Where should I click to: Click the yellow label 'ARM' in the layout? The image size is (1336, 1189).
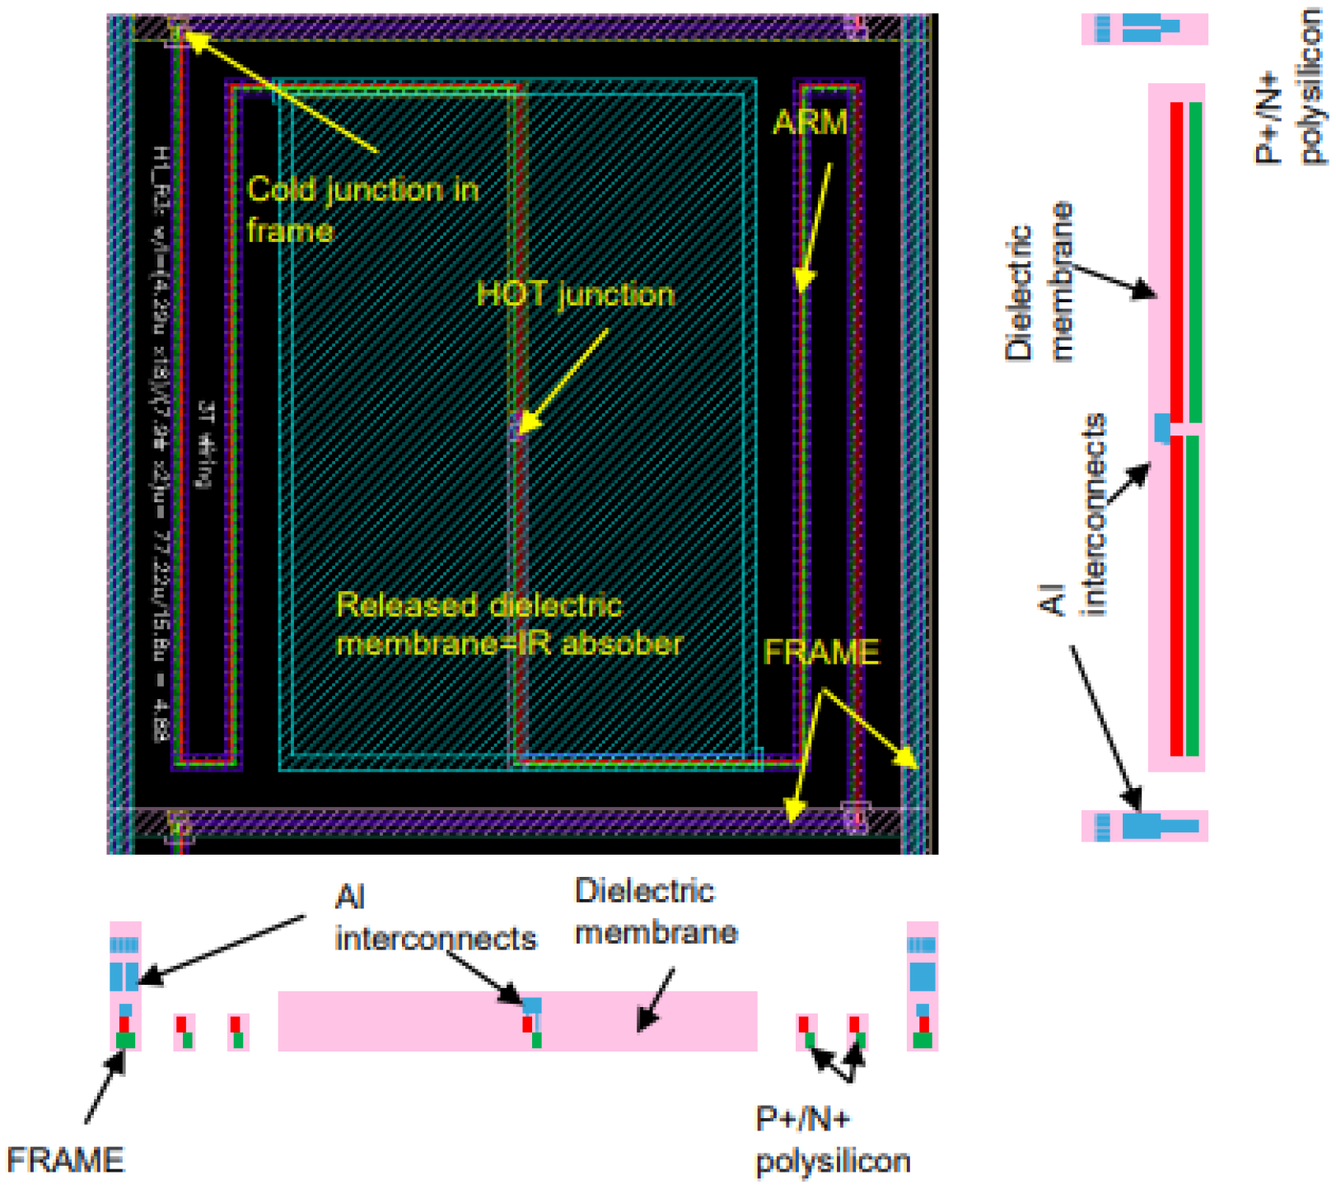[810, 123]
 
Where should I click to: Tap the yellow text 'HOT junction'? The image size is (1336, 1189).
[575, 294]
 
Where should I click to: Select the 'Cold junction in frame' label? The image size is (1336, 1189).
[362, 209]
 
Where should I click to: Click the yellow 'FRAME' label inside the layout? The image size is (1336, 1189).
[821, 652]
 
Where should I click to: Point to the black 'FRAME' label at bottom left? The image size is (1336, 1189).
[65, 1159]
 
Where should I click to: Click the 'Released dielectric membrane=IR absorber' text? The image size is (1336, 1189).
[508, 624]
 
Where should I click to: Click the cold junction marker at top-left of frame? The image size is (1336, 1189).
[176, 30]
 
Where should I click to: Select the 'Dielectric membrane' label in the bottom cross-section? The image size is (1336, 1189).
[656, 912]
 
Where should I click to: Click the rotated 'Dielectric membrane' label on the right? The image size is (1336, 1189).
[1039, 282]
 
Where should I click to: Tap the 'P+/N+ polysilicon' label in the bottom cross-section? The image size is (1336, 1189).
[832, 1140]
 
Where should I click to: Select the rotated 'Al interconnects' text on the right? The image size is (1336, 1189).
[1073, 515]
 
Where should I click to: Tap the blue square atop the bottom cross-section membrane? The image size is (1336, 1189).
[532, 1005]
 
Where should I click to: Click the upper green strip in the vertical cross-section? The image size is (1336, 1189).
[1194, 262]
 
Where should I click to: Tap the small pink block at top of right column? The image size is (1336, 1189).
[1144, 29]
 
